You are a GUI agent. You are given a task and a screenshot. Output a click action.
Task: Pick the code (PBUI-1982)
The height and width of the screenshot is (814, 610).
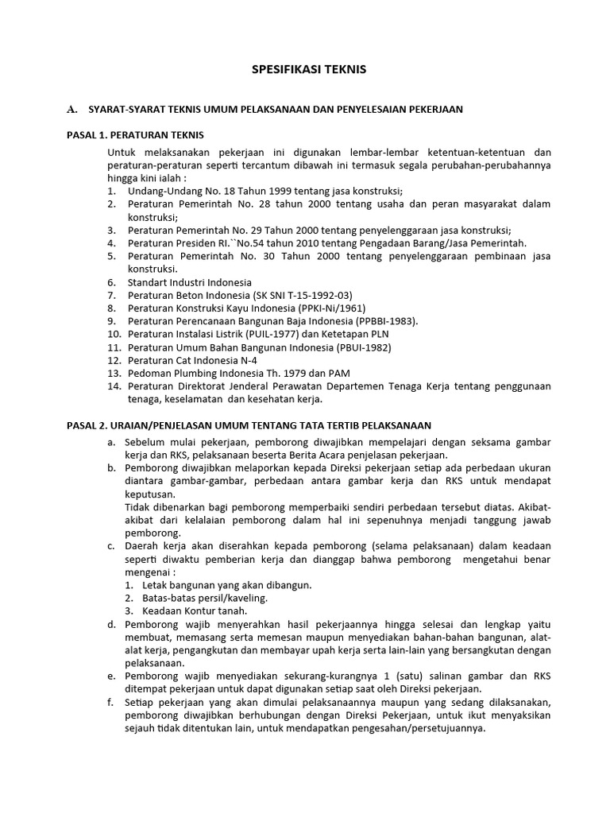point(357,347)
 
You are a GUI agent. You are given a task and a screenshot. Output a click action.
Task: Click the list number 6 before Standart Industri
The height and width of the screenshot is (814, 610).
point(110,282)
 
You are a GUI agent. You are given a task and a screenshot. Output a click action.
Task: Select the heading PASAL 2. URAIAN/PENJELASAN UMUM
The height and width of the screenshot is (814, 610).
point(249,426)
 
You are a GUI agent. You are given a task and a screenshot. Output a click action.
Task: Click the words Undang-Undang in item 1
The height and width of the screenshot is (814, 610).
point(162,191)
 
